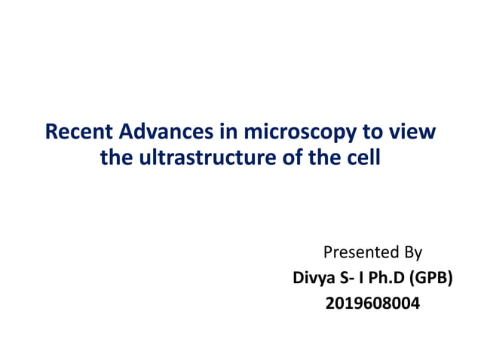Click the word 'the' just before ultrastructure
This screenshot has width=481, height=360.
(115, 159)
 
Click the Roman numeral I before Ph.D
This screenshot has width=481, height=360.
(363, 278)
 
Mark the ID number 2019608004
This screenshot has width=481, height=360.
(372, 304)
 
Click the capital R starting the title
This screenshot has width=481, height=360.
(51, 133)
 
